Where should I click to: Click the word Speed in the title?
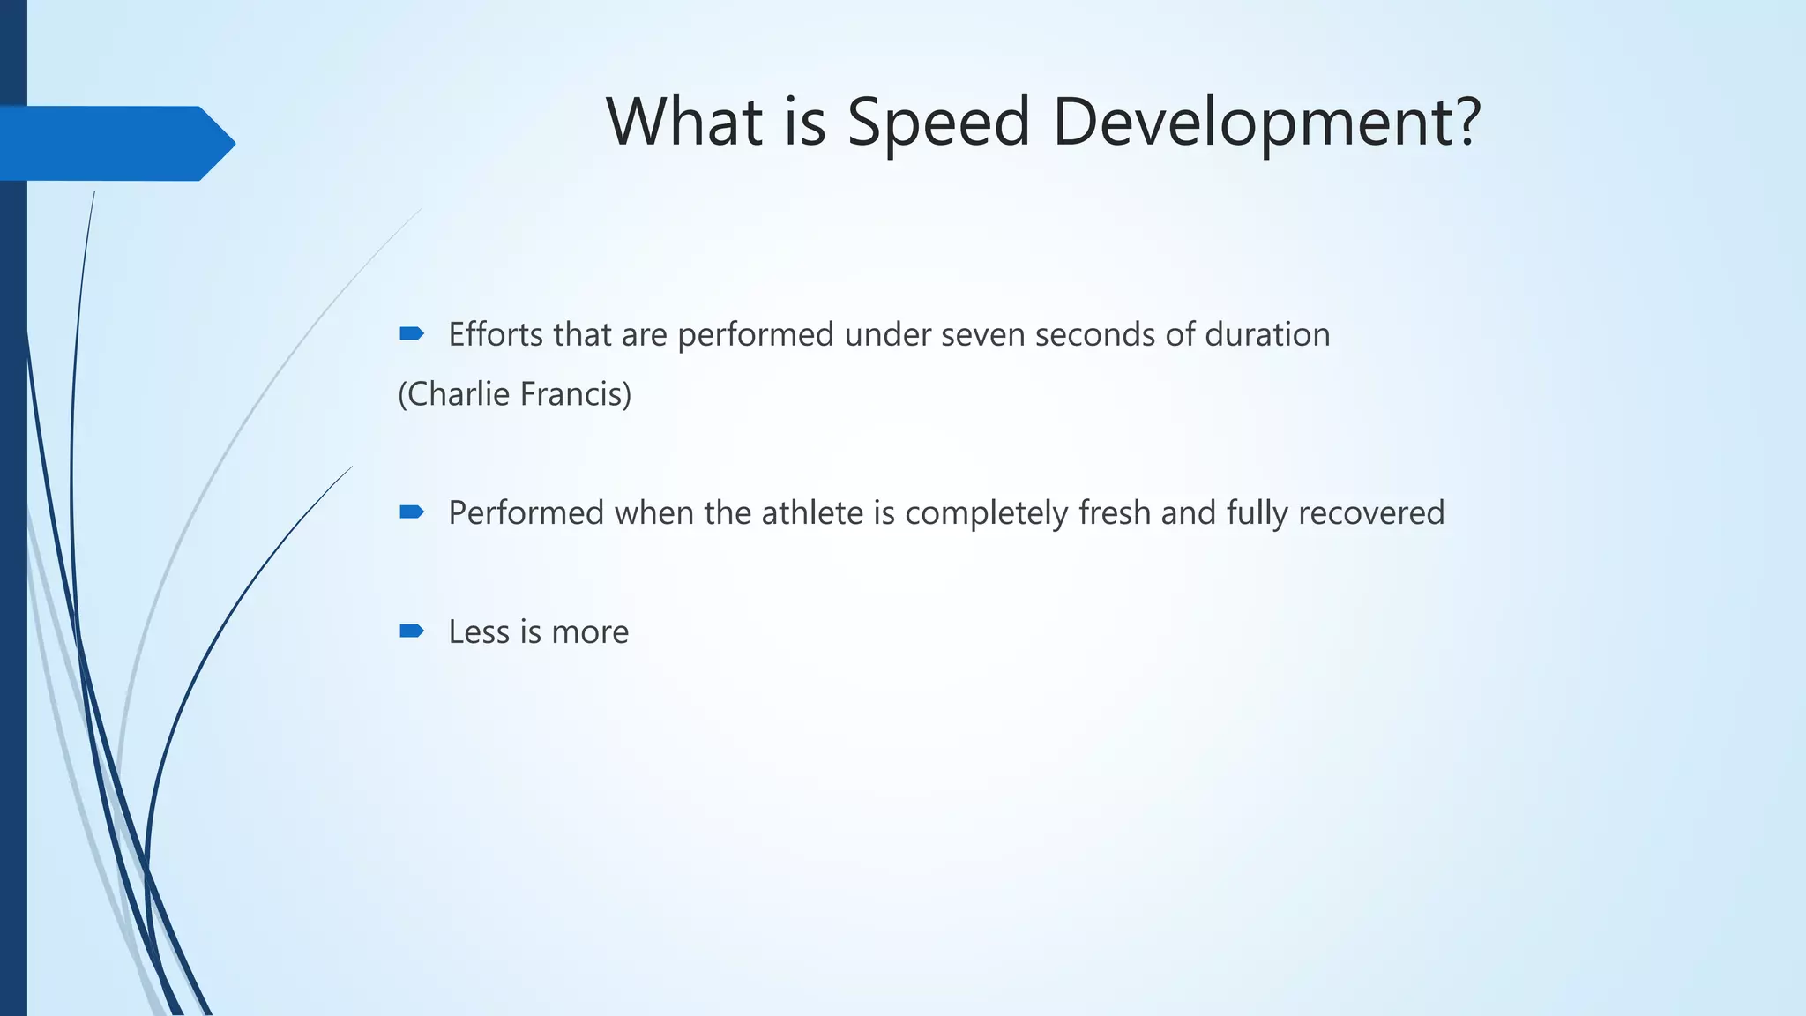tap(938, 122)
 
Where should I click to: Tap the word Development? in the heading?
tap(1266, 122)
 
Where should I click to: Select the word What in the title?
tap(684, 122)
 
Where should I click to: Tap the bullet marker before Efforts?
tap(411, 333)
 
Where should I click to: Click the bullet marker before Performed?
tap(411, 512)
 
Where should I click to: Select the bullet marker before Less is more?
tap(411, 631)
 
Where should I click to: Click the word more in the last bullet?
tap(590, 632)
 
